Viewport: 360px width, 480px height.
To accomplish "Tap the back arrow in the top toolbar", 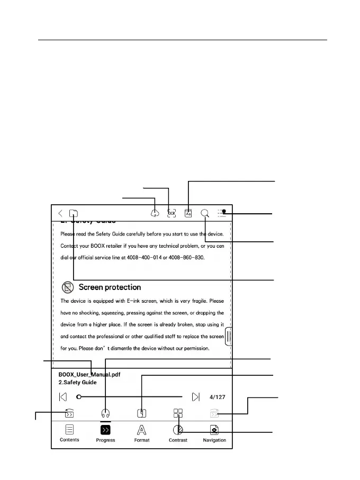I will pyautogui.click(x=60, y=213).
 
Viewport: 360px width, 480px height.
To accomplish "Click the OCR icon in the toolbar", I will pyautogui.click(x=172, y=213).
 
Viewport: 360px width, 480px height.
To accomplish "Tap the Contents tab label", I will pyautogui.click(x=69, y=440).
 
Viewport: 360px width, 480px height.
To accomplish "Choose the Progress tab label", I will pyautogui.click(x=105, y=440).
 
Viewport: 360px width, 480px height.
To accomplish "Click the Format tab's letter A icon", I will pyautogui.click(x=141, y=430).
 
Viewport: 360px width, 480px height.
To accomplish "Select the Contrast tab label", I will pyautogui.click(x=178, y=440).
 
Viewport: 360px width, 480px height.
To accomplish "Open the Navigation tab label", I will pyautogui.click(x=214, y=440).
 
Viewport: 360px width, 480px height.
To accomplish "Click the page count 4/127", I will pyautogui.click(x=218, y=397).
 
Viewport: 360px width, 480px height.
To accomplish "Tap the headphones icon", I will pyautogui.click(x=105, y=414).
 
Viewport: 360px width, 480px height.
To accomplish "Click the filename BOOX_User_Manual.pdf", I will pyautogui.click(x=89, y=374).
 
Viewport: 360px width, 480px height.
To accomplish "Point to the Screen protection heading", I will pyautogui.click(x=110, y=287).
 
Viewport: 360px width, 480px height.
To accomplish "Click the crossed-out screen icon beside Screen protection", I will pyautogui.click(x=67, y=287).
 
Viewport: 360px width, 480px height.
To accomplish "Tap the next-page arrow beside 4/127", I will pyautogui.click(x=196, y=397).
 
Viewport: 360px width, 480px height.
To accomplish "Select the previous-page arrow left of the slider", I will pyautogui.click(x=63, y=397).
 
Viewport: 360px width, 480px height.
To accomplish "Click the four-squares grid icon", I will pyautogui.click(x=178, y=413).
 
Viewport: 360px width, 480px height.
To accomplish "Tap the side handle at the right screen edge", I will pyautogui.click(x=229, y=337).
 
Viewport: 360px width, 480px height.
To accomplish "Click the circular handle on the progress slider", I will pyautogui.click(x=78, y=397).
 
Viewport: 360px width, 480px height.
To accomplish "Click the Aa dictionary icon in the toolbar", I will pyautogui.click(x=188, y=213).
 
